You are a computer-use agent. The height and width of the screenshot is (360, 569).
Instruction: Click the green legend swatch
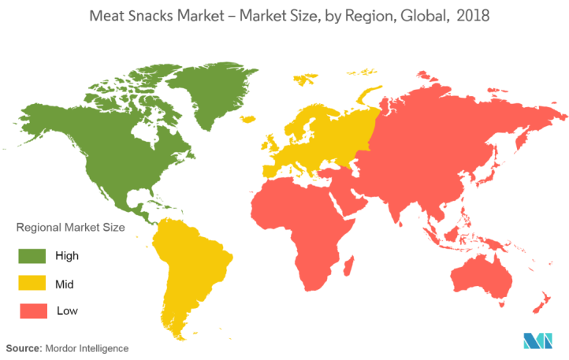[x=33, y=256]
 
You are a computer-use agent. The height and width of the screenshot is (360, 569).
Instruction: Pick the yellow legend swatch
[x=33, y=283]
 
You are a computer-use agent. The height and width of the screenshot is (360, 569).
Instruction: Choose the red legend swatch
[x=33, y=310]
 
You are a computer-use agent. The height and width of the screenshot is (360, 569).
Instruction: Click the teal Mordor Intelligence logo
[x=539, y=340]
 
